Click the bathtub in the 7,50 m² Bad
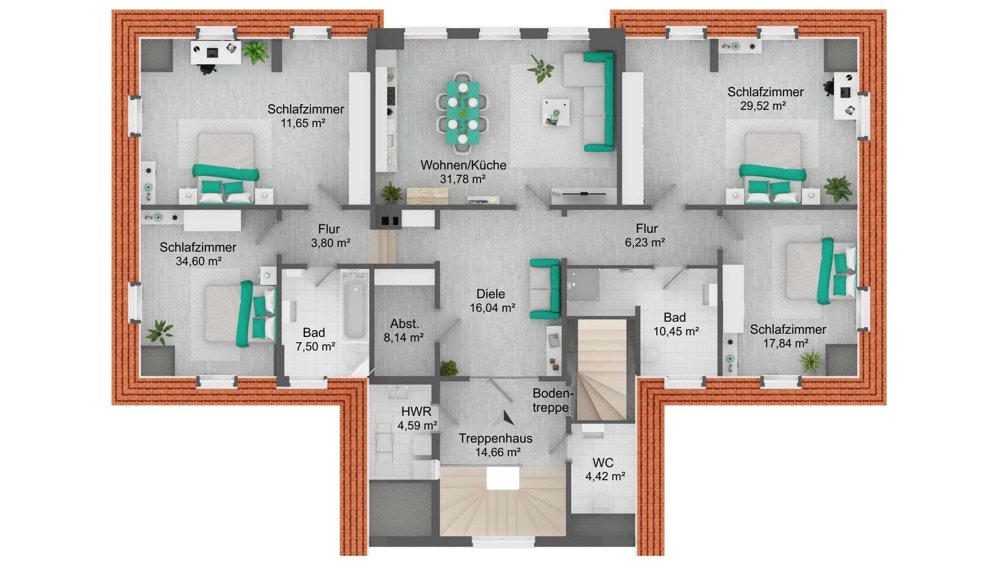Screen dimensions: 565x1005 (354, 306)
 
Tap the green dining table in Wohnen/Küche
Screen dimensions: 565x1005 (463, 112)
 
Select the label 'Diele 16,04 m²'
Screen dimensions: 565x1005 (492, 301)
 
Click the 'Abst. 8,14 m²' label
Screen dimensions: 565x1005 (404, 331)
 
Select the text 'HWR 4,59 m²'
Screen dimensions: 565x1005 (417, 419)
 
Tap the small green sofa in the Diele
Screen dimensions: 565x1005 (545, 289)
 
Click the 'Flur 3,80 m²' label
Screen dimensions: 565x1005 (330, 236)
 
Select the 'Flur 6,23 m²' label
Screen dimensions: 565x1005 (646, 235)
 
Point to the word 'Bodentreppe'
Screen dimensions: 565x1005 (553, 401)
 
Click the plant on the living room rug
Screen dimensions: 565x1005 (540, 69)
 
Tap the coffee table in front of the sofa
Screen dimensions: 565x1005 (556, 112)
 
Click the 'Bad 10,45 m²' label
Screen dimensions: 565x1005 (675, 324)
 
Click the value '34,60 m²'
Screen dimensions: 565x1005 (198, 261)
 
